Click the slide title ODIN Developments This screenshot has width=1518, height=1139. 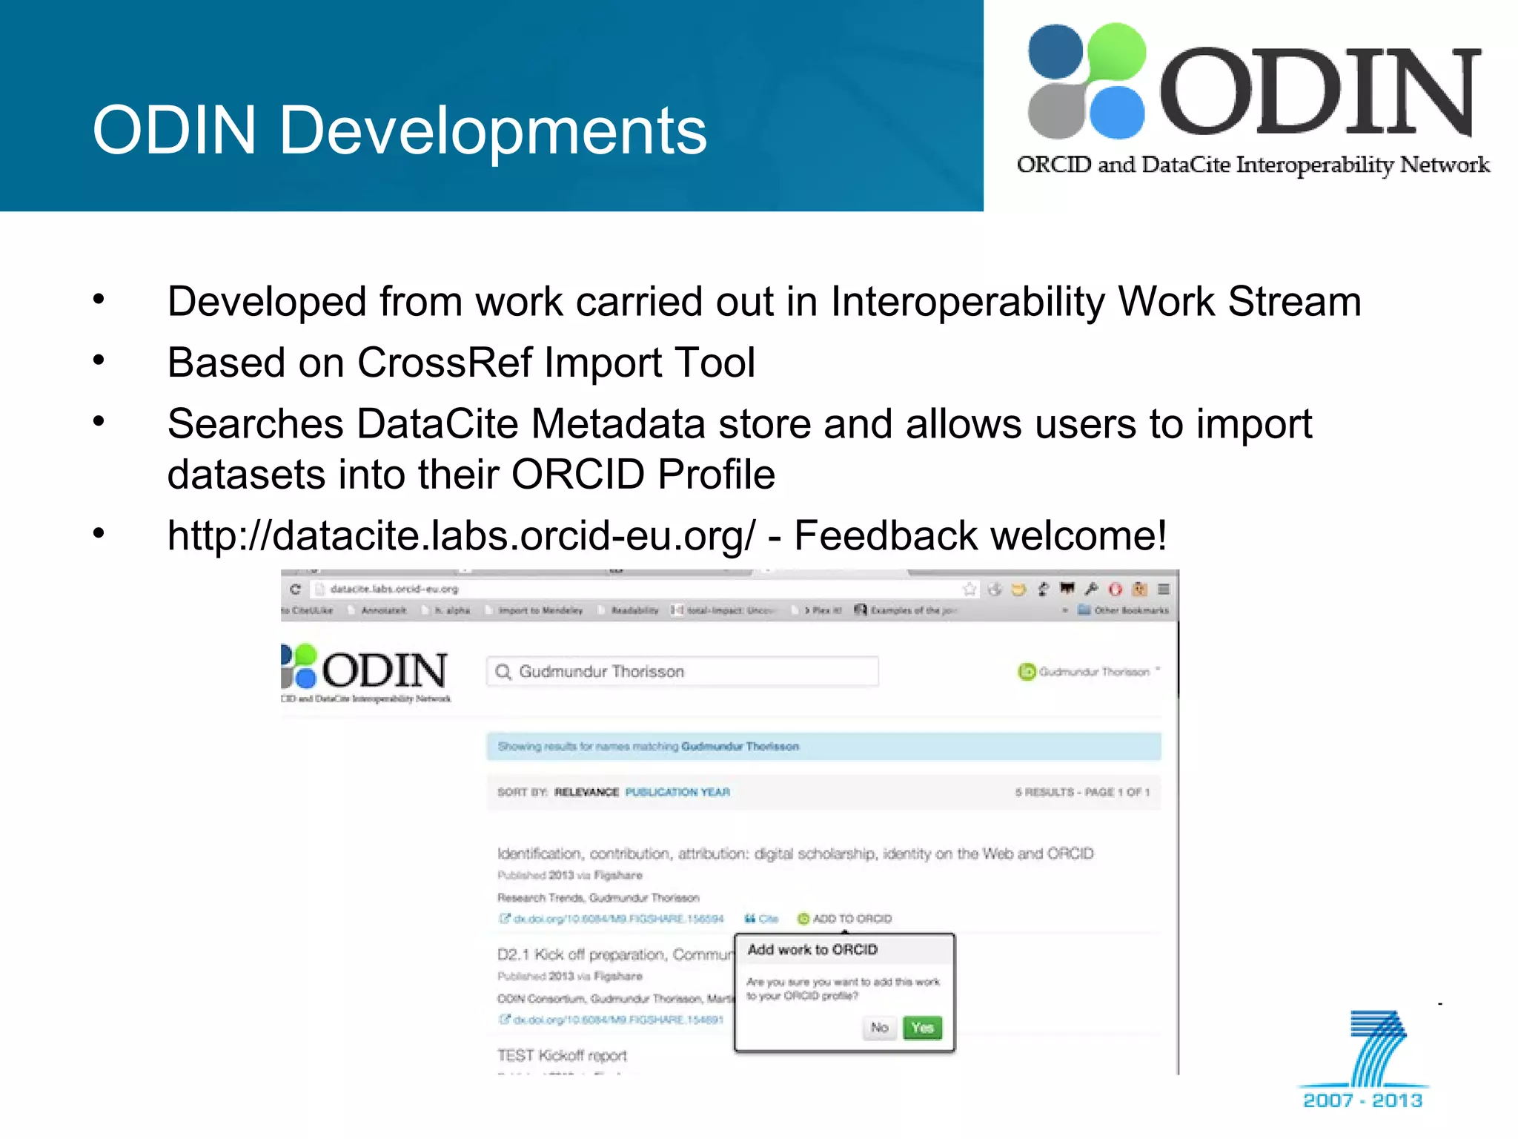click(400, 131)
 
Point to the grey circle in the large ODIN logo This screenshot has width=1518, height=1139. click(1055, 111)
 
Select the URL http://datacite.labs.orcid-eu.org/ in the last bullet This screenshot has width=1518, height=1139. click(461, 535)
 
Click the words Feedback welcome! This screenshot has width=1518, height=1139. click(980, 535)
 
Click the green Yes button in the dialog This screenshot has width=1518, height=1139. click(922, 1028)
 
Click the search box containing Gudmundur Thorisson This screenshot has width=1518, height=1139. click(682, 671)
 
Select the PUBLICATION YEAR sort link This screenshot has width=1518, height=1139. click(677, 792)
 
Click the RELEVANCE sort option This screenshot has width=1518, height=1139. click(586, 792)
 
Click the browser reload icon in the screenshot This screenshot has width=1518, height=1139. click(295, 589)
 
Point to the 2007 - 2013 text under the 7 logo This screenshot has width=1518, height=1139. click(1362, 1100)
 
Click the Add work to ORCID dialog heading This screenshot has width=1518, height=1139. click(812, 950)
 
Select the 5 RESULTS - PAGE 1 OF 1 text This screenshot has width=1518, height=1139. click(1082, 792)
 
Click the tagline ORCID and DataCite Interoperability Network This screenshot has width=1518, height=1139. click(1253, 165)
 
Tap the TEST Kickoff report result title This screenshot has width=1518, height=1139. click(562, 1055)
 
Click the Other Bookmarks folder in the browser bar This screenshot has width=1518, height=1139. click(1124, 610)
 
